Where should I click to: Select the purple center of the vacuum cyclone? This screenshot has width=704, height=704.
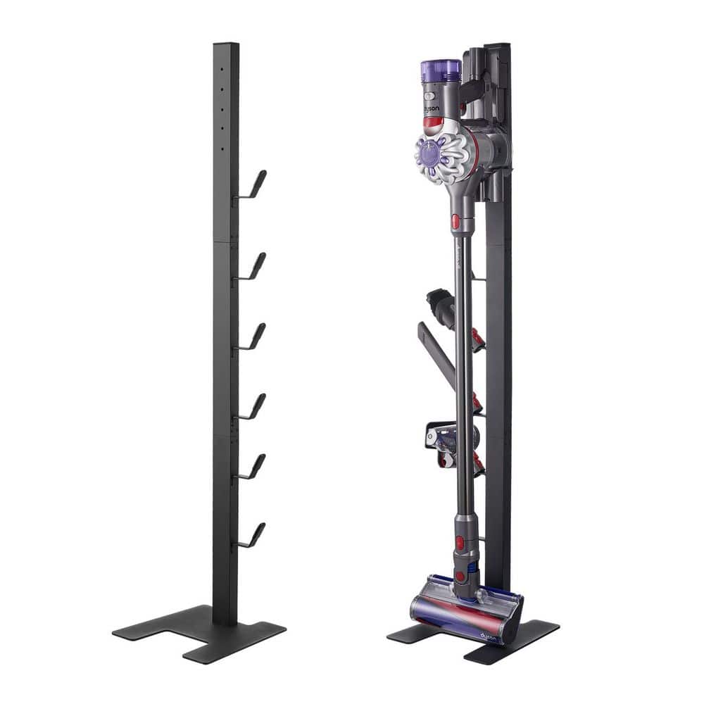pyautogui.click(x=427, y=151)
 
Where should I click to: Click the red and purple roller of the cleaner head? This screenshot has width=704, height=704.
pyautogui.click(x=458, y=612)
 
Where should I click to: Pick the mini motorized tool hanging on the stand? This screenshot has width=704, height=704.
pyautogui.click(x=451, y=444)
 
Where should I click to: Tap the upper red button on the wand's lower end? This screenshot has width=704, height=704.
pyautogui.click(x=460, y=542)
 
